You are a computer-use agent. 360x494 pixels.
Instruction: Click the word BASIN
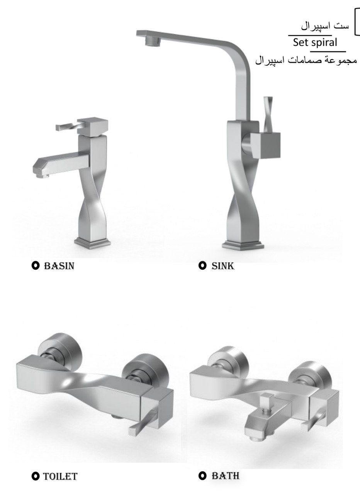click(x=59, y=266)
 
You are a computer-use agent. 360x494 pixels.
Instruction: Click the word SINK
click(x=222, y=266)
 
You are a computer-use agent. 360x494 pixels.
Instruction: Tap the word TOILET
click(x=60, y=476)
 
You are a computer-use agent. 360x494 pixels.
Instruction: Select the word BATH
click(x=225, y=475)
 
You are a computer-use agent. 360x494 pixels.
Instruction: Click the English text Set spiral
click(x=315, y=42)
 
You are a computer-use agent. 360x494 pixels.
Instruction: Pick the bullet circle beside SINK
click(x=202, y=266)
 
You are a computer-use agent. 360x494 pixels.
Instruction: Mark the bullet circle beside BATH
click(x=202, y=475)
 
